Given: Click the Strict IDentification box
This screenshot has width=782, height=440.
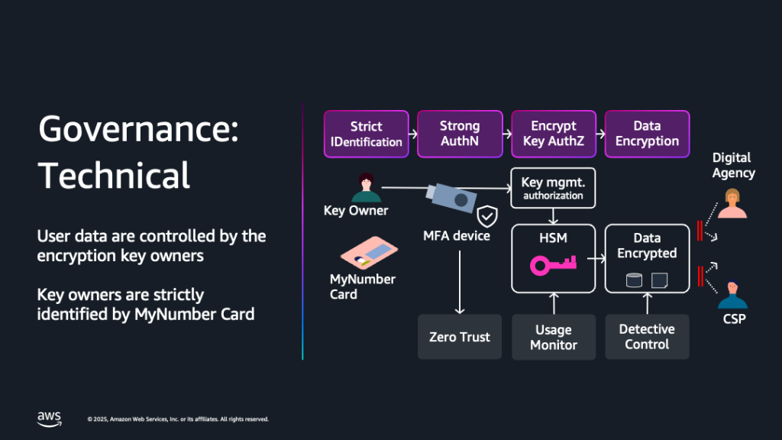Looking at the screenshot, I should [x=367, y=134].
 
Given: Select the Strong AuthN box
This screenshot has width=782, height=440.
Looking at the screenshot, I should [x=460, y=134].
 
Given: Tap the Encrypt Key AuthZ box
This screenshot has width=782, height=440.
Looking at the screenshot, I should [x=554, y=134].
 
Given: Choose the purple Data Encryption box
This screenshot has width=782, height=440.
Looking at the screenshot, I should [x=647, y=134].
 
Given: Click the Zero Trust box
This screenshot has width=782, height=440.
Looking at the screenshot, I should [x=460, y=337].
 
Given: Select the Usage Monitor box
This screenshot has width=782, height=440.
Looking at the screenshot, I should [x=553, y=337].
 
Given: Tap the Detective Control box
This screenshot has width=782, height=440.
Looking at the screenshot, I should [x=647, y=337].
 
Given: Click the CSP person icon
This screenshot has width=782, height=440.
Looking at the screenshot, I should [x=732, y=294].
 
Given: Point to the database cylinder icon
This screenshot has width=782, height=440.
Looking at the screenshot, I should [x=633, y=280].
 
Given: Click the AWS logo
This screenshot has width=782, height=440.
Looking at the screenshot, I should [x=49, y=418].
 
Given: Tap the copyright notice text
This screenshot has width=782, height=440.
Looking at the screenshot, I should [x=178, y=419].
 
